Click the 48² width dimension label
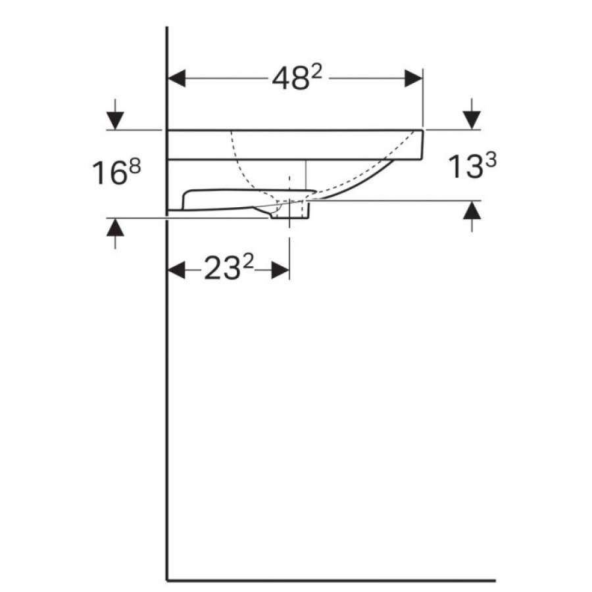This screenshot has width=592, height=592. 297,78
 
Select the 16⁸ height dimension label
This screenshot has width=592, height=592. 116,172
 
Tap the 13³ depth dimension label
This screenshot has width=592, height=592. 472,166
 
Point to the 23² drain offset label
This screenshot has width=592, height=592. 228,268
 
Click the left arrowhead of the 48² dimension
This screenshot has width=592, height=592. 177,78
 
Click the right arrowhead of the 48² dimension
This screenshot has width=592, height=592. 413,78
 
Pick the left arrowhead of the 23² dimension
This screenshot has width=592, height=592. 177,270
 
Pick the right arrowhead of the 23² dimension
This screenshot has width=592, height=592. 280,270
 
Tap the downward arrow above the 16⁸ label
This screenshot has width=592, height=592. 115,114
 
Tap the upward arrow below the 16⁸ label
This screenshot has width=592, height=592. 115,234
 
